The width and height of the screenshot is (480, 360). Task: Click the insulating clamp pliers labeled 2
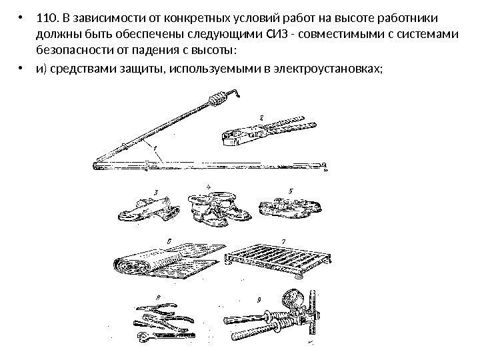pyautogui.click(x=263, y=132)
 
